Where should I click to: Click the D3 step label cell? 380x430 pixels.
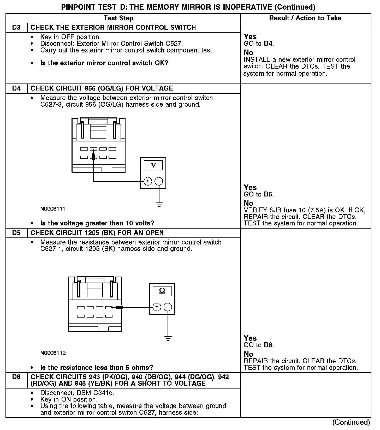[16, 28]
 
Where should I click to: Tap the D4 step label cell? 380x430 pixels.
[16, 88]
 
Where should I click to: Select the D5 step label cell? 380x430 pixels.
[16, 233]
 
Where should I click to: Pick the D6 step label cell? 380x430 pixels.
[16, 377]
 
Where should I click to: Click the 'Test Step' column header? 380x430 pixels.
[118, 18]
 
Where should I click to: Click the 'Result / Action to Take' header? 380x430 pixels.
[305, 18]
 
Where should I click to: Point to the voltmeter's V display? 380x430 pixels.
[153, 165]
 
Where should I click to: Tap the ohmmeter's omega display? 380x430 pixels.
[162, 291]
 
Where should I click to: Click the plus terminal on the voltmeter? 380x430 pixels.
[148, 181]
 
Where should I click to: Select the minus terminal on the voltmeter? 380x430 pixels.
[159, 181]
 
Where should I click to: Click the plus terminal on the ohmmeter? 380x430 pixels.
[157, 307]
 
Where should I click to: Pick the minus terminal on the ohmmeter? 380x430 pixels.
[168, 307]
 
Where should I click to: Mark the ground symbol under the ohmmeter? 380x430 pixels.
[168, 339]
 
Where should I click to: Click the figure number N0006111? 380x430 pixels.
[53, 209]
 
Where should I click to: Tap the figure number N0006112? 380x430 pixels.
[53, 353]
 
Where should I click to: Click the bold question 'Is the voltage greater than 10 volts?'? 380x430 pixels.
[97, 223]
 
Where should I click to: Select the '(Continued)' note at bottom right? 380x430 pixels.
[351, 422]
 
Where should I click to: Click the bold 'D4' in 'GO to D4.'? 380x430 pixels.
[268, 44]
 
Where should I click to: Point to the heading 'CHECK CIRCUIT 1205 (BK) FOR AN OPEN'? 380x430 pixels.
[97, 233]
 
